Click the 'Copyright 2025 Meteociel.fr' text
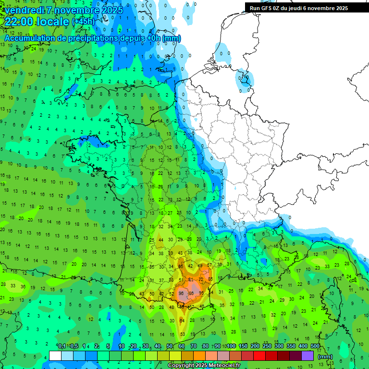[203, 365]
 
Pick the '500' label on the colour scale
[315, 346]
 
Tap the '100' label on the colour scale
[231, 346]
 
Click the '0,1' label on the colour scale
[62, 346]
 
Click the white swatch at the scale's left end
[55, 356]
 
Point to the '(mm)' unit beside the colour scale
[325, 357]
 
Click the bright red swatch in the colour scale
[259, 356]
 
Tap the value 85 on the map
[210, 279]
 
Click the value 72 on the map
[201, 279]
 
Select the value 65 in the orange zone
[181, 266]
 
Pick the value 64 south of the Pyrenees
[182, 320]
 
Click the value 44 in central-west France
[161, 240]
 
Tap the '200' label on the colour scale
[255, 346]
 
